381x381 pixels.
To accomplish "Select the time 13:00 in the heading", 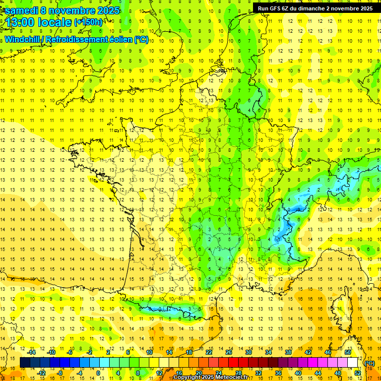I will click(22, 22).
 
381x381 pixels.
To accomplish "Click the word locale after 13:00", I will click(56, 22).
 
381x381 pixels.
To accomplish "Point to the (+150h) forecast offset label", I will click(88, 22).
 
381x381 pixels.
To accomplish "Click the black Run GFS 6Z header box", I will click(316, 8).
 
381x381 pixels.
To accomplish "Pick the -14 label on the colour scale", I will click(32, 352).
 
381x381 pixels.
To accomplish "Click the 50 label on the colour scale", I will click(348, 352).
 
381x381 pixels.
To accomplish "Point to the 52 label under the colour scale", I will click(358, 373).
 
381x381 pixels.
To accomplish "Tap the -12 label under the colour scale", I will click(42, 373).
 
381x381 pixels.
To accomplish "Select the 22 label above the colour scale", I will click(209, 352).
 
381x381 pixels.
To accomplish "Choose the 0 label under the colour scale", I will click(98, 373).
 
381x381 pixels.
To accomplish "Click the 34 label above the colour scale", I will click(268, 352).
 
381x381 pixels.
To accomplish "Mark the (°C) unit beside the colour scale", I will click(370, 363).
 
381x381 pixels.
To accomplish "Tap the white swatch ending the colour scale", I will click(353, 363).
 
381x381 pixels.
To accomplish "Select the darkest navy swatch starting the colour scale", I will click(25, 363).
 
